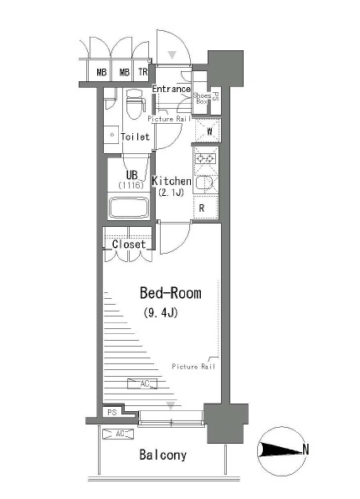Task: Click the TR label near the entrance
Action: tap(141, 73)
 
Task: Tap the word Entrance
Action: tap(171, 89)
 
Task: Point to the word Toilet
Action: tap(135, 136)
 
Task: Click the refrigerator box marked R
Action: tap(203, 208)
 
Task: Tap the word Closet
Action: tap(128, 244)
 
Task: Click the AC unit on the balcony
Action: tap(119, 434)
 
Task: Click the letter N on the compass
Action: tap(306, 450)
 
